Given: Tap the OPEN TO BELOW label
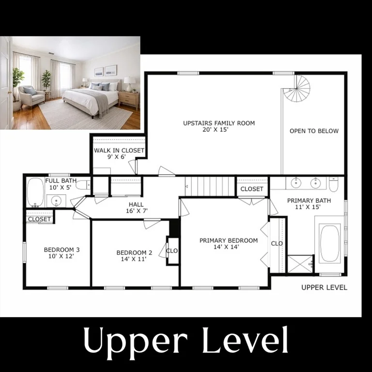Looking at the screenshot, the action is (x=314, y=131).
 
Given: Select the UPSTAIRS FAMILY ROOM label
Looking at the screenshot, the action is (x=219, y=123).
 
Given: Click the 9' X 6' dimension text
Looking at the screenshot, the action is (x=116, y=157).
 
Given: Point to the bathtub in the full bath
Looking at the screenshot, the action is (x=35, y=192).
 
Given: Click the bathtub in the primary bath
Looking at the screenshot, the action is (x=329, y=244).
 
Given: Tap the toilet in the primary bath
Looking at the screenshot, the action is (x=334, y=185).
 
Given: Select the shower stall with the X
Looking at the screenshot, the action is (x=300, y=264).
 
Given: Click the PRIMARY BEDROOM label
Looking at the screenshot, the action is (x=229, y=241).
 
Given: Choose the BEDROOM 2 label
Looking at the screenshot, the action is (x=134, y=253).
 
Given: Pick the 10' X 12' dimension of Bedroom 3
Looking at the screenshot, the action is (x=62, y=256).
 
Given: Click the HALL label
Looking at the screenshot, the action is (x=136, y=204).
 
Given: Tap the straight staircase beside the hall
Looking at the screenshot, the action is (x=210, y=186).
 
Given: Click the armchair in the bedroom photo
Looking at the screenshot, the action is (x=31, y=95).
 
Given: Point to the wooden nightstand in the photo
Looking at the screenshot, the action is (x=129, y=100).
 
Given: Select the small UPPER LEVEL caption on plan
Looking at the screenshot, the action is (x=324, y=288).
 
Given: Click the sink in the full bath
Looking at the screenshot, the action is (x=56, y=201).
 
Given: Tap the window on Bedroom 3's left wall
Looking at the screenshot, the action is (x=24, y=252).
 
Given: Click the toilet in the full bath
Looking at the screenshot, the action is (x=83, y=185).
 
